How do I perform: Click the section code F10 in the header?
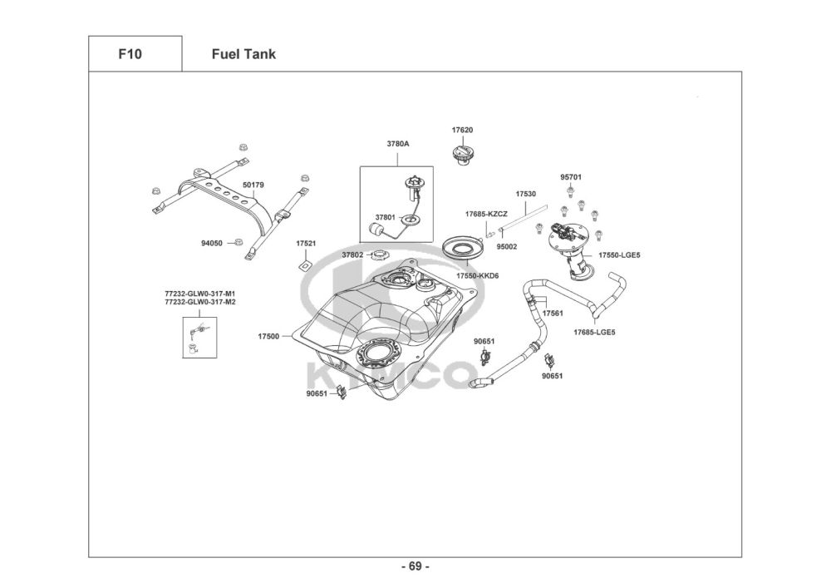(x=130, y=54)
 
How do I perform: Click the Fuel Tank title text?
(x=243, y=54)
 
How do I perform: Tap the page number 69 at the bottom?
(x=415, y=567)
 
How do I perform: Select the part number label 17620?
(x=463, y=131)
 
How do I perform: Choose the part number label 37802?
(x=352, y=254)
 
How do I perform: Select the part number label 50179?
(x=253, y=185)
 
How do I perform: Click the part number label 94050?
(x=212, y=244)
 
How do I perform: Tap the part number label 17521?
(x=306, y=244)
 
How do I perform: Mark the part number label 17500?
(x=268, y=337)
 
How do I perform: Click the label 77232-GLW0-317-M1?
(x=199, y=294)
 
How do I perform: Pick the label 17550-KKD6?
(x=477, y=275)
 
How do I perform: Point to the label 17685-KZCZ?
(x=486, y=214)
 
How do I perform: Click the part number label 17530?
(x=525, y=194)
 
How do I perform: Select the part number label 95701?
(x=571, y=177)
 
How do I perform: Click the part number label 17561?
(x=553, y=314)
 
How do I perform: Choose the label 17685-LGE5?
(x=594, y=333)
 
